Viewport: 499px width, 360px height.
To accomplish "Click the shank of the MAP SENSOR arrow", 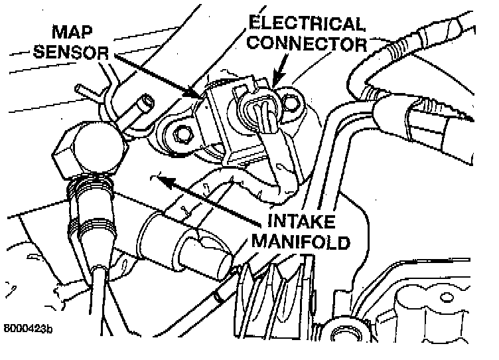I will tap(153, 75).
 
